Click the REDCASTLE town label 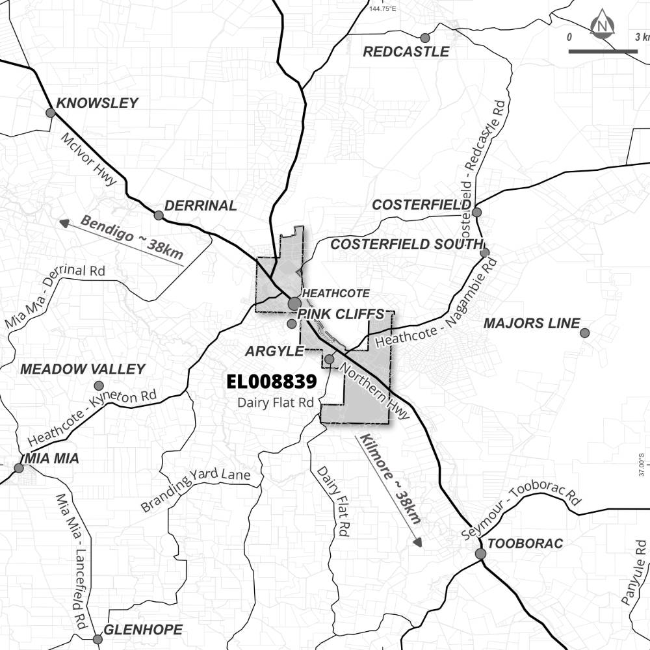point(406,52)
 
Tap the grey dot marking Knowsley point(50,113)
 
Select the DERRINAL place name point(200,206)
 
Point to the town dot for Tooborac point(480,554)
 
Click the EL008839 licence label point(271,382)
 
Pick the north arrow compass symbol point(603,25)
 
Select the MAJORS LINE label point(531,324)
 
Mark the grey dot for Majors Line point(584,333)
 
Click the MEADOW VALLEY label point(83,369)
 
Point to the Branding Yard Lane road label point(196,486)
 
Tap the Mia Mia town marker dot point(19,467)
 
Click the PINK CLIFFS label point(341,315)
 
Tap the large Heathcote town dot point(294,304)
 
